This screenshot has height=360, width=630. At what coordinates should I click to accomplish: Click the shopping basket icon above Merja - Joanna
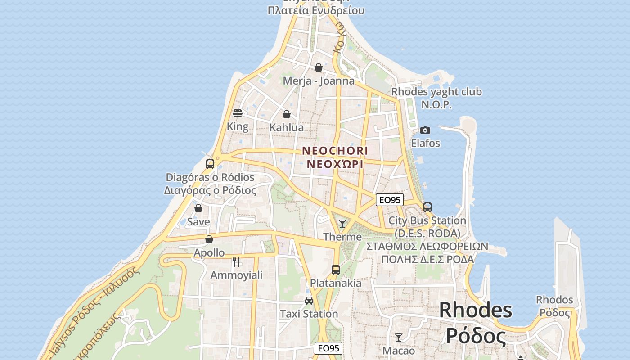click(319, 68)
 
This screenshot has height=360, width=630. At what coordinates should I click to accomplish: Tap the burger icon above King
click(238, 113)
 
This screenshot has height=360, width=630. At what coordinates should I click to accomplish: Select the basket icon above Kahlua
click(287, 114)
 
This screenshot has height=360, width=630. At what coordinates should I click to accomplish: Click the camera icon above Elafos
click(425, 130)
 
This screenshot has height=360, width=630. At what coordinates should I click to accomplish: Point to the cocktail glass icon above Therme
click(342, 224)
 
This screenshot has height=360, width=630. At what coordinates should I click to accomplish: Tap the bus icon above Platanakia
click(336, 270)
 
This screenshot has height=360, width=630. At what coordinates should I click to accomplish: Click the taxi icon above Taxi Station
click(309, 301)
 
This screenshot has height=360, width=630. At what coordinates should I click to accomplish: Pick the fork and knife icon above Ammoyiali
click(237, 262)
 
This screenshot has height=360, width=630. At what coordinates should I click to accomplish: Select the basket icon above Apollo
click(209, 239)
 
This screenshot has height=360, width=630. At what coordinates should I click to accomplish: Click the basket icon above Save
click(198, 209)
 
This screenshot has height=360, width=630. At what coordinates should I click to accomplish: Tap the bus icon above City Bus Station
click(427, 207)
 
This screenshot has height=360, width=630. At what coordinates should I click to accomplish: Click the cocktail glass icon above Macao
click(399, 337)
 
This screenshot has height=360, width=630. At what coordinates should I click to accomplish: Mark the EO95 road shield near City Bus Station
click(390, 200)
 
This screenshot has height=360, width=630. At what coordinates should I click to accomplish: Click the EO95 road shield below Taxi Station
click(328, 348)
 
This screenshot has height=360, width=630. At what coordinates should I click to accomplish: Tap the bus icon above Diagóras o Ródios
click(210, 164)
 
